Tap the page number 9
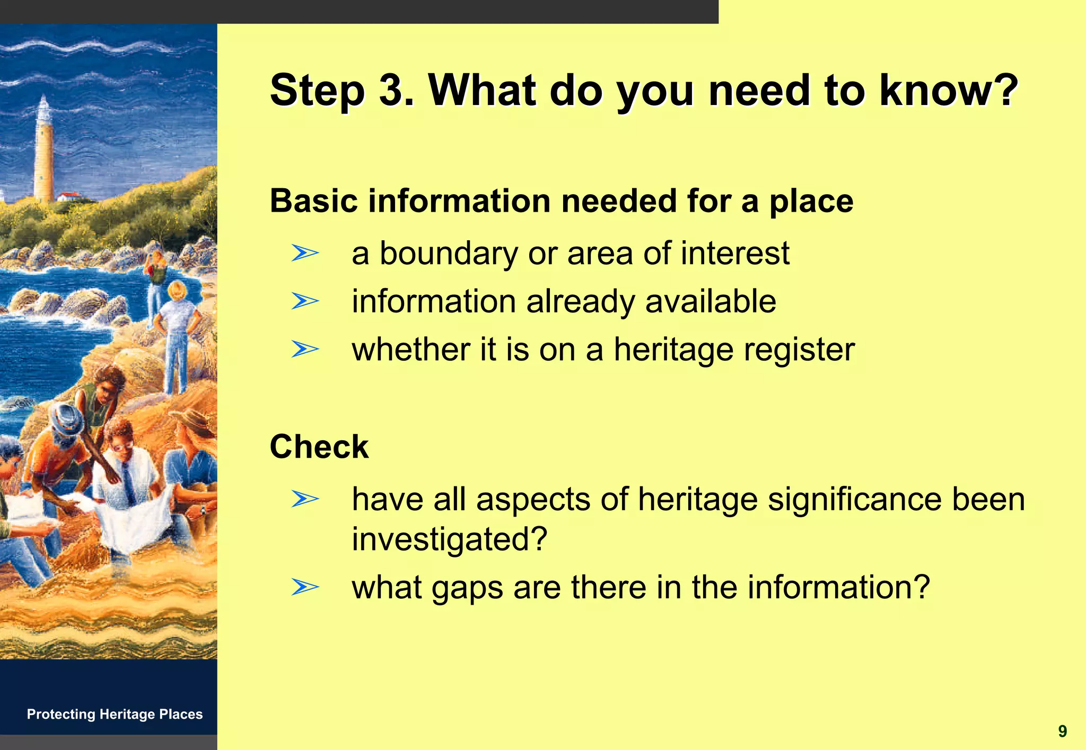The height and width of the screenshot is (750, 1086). [x=1062, y=731]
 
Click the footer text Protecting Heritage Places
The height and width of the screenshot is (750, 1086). [x=115, y=714]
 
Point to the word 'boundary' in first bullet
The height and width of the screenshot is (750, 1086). [x=449, y=254]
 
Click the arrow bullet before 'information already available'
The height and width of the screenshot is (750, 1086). [x=305, y=301]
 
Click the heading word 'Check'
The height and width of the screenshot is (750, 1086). [x=319, y=447]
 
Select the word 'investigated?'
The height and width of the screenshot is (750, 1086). [x=449, y=539]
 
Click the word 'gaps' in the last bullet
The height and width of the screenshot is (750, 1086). [x=467, y=588]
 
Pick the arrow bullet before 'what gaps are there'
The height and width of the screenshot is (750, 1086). [x=305, y=587]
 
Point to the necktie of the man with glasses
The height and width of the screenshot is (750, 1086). [x=129, y=483]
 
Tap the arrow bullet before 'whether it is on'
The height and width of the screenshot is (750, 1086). [x=305, y=350]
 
